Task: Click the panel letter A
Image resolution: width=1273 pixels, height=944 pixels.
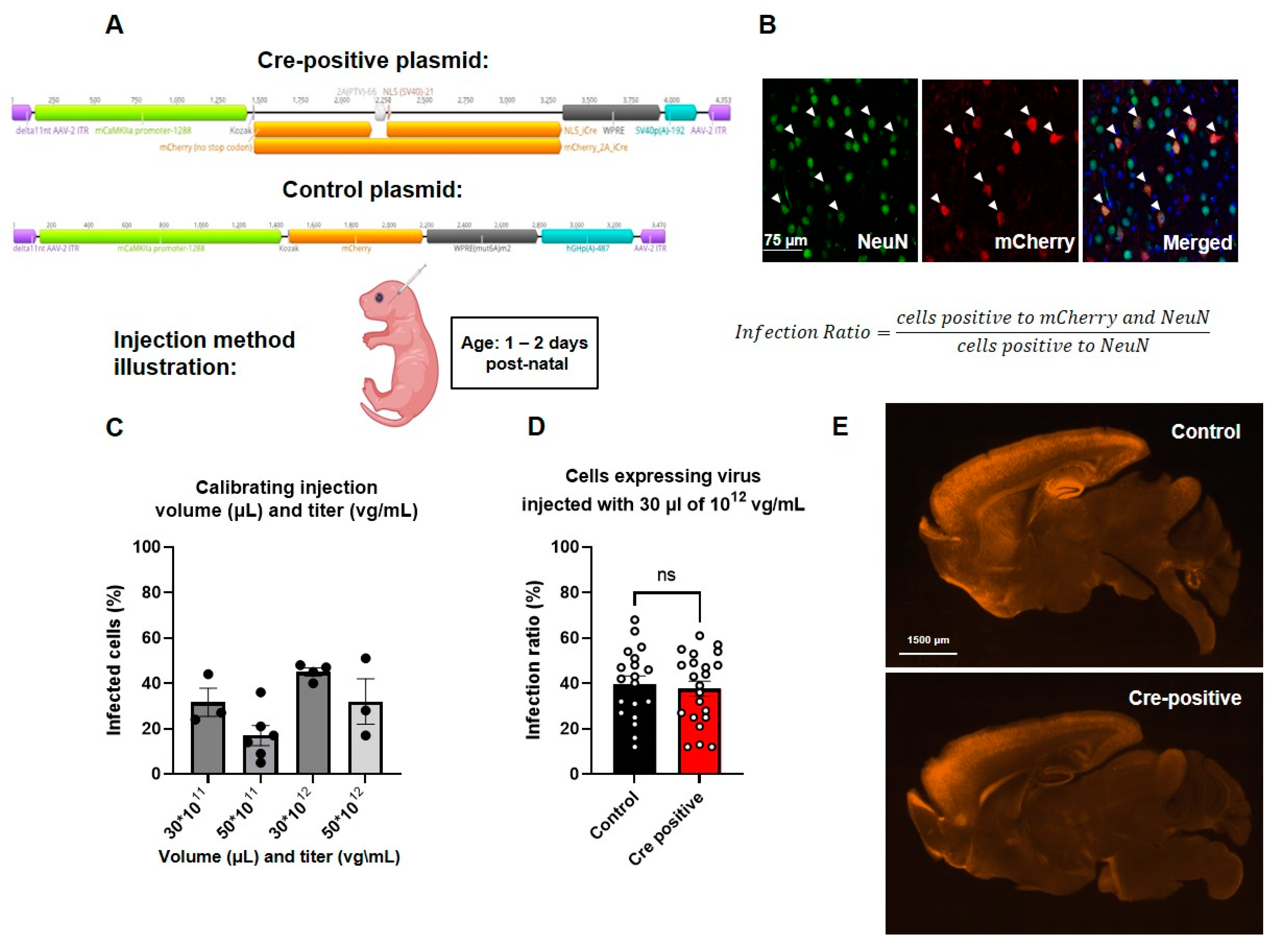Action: pyautogui.click(x=114, y=25)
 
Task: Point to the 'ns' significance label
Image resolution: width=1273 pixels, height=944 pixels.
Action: pyautogui.click(x=666, y=575)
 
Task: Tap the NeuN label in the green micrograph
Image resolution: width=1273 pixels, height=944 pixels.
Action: pyautogui.click(x=882, y=242)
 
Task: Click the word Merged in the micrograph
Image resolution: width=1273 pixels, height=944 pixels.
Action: pyautogui.click(x=1197, y=243)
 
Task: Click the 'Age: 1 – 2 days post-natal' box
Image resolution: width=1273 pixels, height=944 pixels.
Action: pyautogui.click(x=524, y=353)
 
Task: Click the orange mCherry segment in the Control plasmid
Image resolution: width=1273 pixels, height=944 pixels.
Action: pyautogui.click(x=355, y=236)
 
